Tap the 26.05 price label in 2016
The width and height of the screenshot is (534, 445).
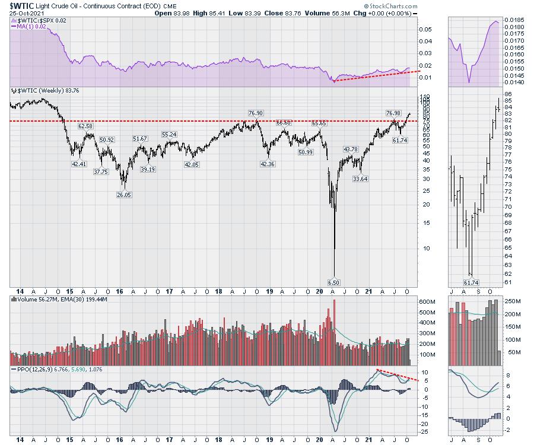point(123,194)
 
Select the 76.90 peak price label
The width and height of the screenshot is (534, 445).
point(256,113)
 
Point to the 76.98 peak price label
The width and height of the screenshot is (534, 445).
point(393,113)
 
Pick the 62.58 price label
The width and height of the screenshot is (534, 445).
point(85,126)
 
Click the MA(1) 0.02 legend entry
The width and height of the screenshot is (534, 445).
point(31,26)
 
